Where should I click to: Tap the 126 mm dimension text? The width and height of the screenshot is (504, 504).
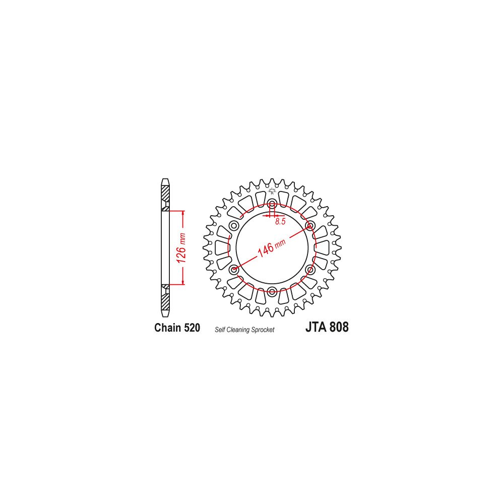coord(182,248)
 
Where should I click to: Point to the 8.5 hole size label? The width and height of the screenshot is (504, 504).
coord(280,221)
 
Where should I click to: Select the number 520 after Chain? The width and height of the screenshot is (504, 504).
coord(192,328)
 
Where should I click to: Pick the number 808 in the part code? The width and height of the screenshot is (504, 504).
coord(339,327)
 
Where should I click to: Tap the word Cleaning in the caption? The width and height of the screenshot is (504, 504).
coord(238,330)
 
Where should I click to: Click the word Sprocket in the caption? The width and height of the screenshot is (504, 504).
coord(263,330)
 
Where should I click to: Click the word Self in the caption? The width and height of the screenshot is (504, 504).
coord(220,330)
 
